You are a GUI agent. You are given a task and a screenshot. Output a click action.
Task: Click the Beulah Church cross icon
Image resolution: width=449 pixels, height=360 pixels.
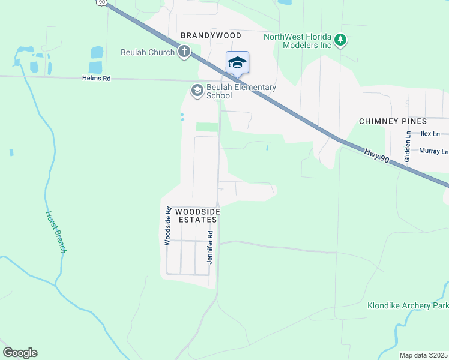point(184,52)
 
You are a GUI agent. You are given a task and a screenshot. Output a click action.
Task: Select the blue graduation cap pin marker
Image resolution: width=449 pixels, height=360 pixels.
point(237,62)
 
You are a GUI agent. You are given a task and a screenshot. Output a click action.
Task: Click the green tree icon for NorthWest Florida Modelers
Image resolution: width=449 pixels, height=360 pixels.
point(340,40)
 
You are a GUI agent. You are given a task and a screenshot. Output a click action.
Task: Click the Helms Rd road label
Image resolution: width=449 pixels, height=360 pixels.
point(97,79)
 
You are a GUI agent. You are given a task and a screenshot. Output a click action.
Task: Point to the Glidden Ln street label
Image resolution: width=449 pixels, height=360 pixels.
point(408,147)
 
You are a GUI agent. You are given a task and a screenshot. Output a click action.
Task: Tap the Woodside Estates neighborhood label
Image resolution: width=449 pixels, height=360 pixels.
point(197,216)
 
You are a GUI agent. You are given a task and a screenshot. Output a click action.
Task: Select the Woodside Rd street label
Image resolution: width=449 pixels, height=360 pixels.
point(169,226)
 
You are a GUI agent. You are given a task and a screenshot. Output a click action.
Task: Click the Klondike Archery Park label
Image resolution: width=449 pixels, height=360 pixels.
point(408,305)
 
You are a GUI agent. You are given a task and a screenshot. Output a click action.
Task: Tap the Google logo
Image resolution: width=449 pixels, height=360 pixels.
point(20,353)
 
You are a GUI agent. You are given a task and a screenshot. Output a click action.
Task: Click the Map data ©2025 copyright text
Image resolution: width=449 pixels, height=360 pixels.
point(423,355)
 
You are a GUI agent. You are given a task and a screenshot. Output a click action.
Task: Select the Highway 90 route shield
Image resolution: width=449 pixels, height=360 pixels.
point(101,2)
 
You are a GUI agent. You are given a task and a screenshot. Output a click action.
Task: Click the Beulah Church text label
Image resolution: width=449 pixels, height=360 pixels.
point(148,52)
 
